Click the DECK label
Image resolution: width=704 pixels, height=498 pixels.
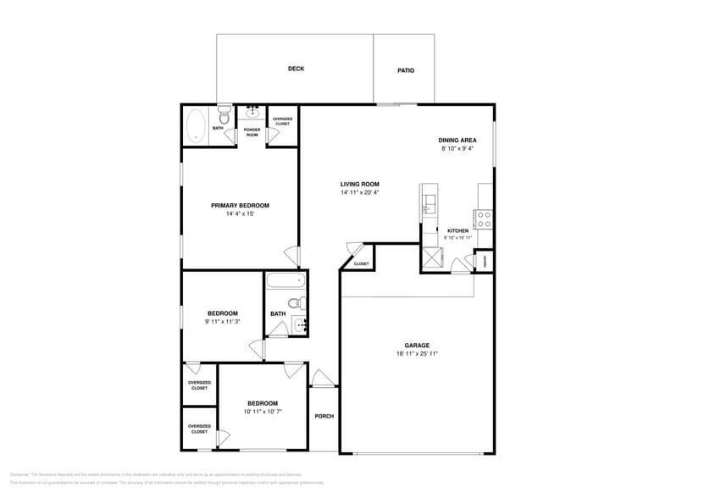296,69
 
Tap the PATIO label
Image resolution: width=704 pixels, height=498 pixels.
406,70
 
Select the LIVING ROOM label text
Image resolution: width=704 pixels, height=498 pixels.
359,184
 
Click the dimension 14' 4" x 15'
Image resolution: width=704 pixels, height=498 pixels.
240,214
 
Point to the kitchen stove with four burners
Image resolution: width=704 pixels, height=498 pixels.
485,219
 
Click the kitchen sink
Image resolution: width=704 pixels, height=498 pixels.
429,203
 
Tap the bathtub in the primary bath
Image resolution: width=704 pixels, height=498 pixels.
197,126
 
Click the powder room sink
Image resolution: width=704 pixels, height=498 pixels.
252,112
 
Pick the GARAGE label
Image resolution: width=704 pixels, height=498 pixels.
416,345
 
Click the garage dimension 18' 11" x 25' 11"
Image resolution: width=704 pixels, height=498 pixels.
416,353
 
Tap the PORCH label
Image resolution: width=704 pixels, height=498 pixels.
324,416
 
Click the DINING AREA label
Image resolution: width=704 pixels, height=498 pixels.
457,141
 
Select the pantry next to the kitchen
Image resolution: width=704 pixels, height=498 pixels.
485,262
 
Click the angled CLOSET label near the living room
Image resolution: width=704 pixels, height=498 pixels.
361,263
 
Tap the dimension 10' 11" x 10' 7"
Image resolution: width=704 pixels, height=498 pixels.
262,411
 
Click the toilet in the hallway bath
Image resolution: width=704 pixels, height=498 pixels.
294,302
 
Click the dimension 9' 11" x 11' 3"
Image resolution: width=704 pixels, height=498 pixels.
223,321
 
